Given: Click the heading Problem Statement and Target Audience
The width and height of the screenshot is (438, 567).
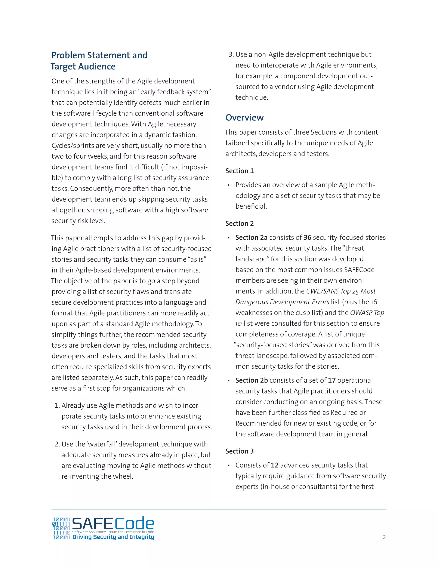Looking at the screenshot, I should [x=99, y=61].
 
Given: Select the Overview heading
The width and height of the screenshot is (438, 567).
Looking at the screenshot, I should [x=244, y=118].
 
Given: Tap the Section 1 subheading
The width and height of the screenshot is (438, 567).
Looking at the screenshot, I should [x=240, y=171].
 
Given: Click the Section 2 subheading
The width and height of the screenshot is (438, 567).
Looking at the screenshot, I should [x=240, y=224].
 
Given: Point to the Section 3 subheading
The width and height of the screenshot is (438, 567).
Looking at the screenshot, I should [x=240, y=451].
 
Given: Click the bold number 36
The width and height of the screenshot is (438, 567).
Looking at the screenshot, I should [x=307, y=237].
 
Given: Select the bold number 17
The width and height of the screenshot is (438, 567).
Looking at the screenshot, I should [x=332, y=380].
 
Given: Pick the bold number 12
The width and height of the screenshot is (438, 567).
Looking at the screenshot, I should [x=275, y=465].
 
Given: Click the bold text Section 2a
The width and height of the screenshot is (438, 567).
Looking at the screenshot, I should [x=251, y=237].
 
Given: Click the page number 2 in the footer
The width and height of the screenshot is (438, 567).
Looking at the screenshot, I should [x=384, y=537].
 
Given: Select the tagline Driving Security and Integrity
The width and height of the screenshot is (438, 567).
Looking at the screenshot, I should [x=113, y=537].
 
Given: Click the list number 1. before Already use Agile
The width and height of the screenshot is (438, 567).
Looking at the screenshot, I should [x=57, y=405].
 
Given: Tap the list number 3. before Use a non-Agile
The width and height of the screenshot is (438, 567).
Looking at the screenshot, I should [x=231, y=55].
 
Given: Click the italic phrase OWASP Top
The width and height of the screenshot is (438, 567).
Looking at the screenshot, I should [x=367, y=313].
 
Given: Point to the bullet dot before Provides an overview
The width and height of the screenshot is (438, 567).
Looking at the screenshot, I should [x=229, y=185].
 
